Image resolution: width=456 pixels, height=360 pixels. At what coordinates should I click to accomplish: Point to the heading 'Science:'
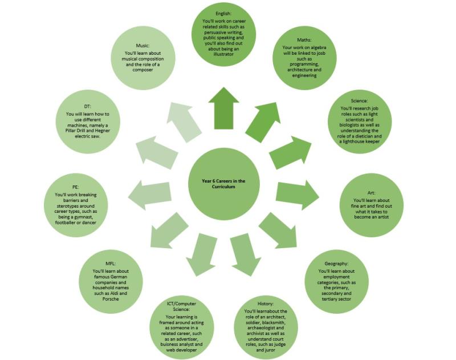tap(359, 100)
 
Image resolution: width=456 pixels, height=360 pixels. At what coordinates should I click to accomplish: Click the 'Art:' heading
tap(371, 193)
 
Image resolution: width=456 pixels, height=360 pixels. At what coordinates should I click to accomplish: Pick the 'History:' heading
tap(266, 304)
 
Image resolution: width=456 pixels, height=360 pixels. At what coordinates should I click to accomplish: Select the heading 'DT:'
tap(87, 106)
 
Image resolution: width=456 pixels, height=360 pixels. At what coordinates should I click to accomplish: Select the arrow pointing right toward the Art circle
tap(298, 194)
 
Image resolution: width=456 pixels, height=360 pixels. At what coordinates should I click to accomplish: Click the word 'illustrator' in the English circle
tap(223, 54)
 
